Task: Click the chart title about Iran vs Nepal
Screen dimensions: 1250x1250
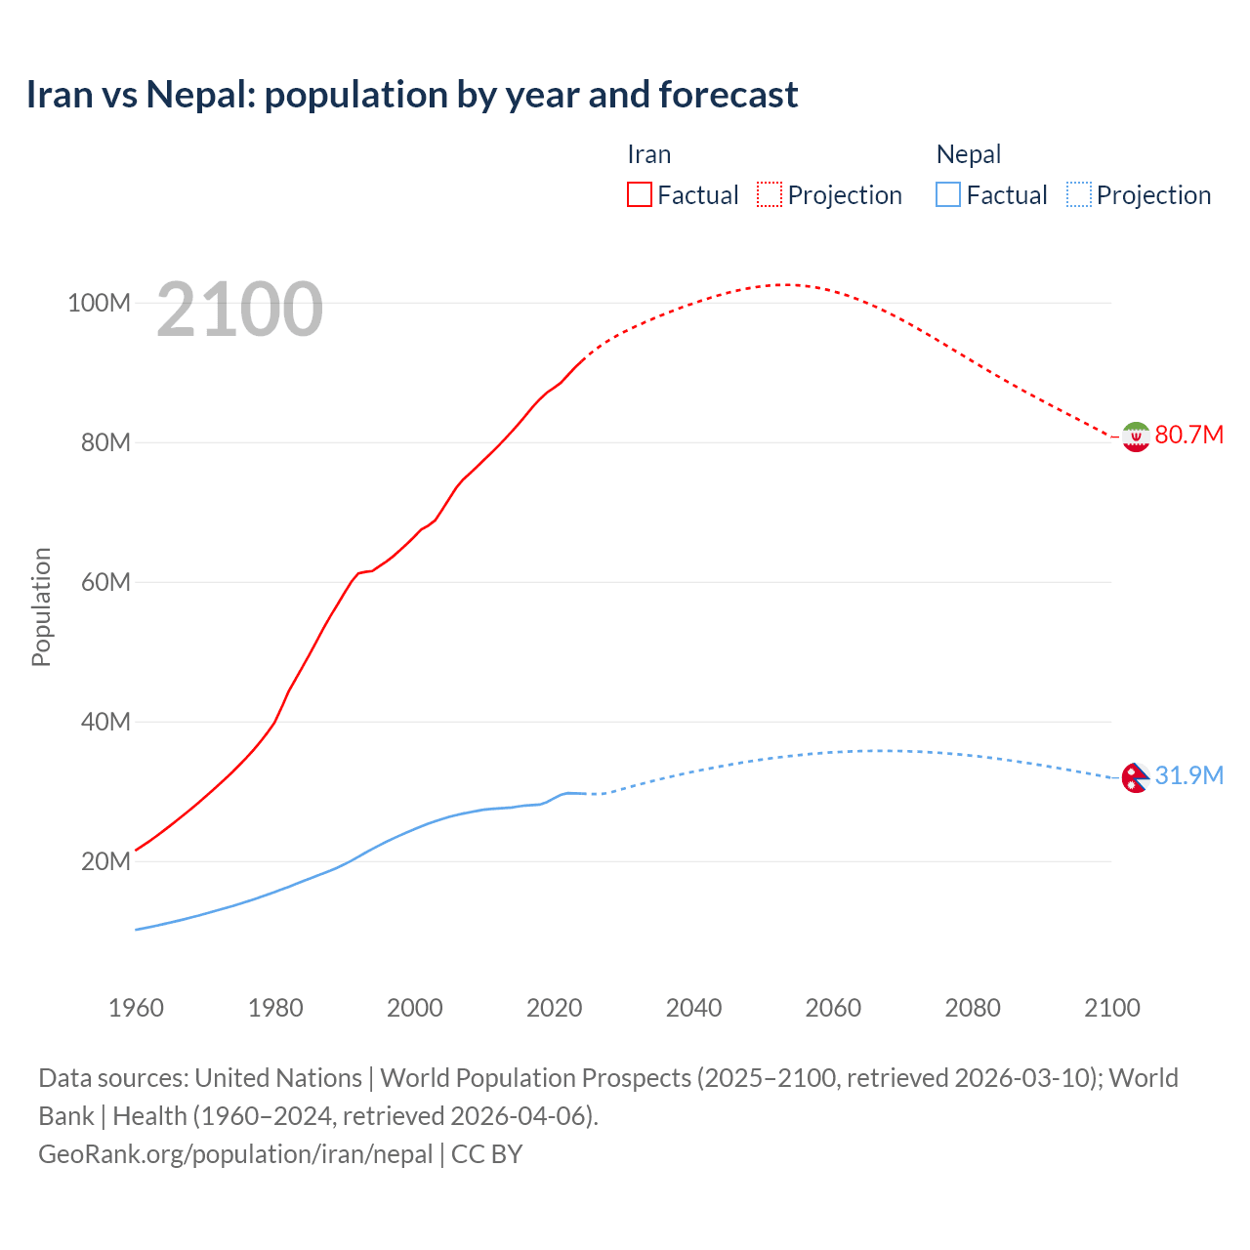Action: (x=411, y=95)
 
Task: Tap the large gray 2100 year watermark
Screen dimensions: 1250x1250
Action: (x=239, y=310)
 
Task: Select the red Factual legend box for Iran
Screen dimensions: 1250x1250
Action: (x=639, y=194)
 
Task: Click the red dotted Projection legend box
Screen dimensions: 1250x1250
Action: (x=770, y=194)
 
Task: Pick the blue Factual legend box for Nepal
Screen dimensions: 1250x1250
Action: (x=947, y=194)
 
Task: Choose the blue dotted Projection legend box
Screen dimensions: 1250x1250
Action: (x=1078, y=194)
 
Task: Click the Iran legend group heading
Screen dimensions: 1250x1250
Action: (x=648, y=154)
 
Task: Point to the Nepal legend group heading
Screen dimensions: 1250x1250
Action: (x=968, y=154)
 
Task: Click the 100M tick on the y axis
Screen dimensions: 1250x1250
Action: (x=99, y=303)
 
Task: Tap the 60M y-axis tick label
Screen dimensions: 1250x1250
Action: (x=105, y=582)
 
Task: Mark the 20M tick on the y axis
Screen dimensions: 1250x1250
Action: (x=105, y=861)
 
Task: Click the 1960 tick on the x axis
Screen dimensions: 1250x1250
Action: (x=136, y=1008)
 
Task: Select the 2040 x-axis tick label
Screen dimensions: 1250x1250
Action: (x=693, y=1008)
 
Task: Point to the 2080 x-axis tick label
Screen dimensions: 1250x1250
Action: (x=973, y=1008)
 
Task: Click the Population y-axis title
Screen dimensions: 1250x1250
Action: (x=41, y=606)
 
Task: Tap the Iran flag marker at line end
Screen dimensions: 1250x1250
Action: (x=1135, y=437)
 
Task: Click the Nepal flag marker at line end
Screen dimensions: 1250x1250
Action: (x=1135, y=777)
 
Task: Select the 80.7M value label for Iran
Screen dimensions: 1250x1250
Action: (x=1188, y=435)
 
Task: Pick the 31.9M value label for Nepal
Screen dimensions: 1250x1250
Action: (x=1188, y=775)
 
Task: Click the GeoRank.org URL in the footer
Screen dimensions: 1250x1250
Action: (x=235, y=1154)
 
